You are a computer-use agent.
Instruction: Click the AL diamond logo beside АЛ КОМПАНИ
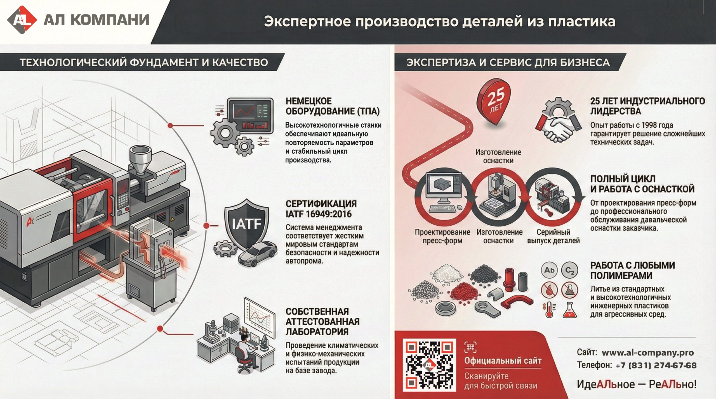(22, 20)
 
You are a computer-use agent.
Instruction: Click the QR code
(429, 365)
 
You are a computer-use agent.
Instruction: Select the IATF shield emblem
(246, 223)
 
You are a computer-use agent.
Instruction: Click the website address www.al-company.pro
(647, 353)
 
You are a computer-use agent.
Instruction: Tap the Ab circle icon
(549, 270)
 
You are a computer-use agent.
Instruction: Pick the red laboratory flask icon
(570, 310)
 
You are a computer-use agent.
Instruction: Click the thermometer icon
(549, 310)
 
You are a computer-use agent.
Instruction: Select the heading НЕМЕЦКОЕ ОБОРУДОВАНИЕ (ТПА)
(332, 106)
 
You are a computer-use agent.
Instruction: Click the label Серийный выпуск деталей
(553, 236)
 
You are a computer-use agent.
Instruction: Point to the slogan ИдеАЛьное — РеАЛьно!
(636, 384)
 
